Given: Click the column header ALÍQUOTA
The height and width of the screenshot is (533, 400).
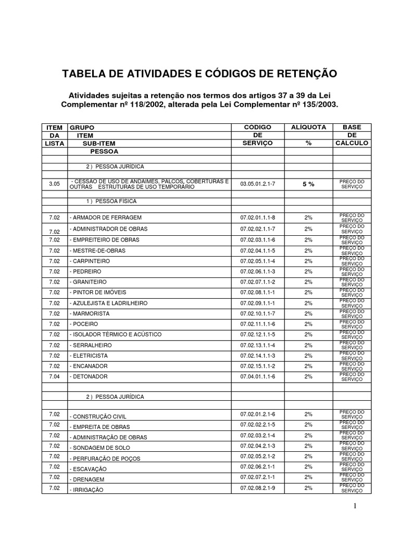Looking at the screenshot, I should [x=308, y=127].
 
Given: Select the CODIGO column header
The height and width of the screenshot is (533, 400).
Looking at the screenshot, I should [x=258, y=127].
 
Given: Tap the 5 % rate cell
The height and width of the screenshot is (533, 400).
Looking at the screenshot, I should [x=308, y=184].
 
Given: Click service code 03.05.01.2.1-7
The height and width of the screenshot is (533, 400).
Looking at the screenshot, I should [x=258, y=184].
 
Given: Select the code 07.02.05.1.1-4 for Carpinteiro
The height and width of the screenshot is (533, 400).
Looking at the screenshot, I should [x=258, y=261].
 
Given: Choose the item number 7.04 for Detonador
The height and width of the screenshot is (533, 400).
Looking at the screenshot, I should [x=55, y=376].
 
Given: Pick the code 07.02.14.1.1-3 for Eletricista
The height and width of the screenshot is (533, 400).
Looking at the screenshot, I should [x=258, y=356].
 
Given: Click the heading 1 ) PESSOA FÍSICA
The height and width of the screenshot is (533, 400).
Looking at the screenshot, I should [x=110, y=200].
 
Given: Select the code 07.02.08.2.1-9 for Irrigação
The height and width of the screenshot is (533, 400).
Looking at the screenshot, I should [x=258, y=488].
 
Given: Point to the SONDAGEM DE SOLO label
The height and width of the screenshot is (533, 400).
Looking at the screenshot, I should [x=100, y=448].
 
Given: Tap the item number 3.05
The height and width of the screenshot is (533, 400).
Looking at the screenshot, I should [x=55, y=184].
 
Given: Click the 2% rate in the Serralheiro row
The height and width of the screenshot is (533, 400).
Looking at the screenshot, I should [x=308, y=345].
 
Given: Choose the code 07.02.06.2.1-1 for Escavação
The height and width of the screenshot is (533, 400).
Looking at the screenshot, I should [x=258, y=467].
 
